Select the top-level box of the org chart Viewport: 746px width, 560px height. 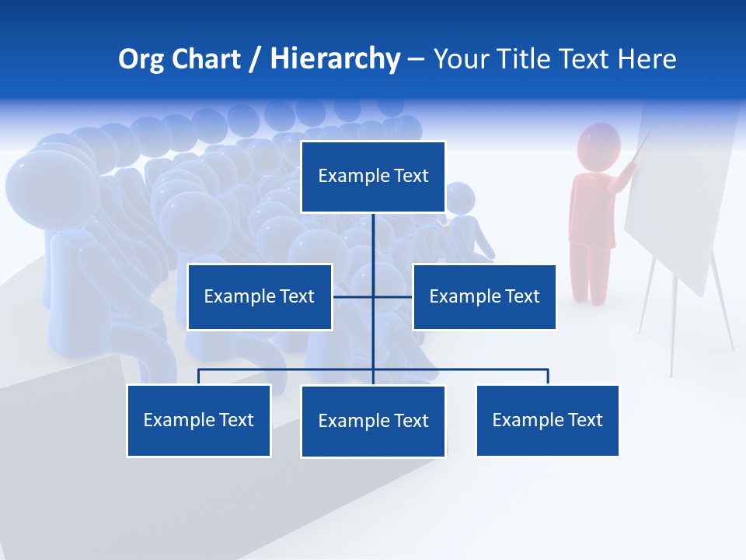pos(373,177)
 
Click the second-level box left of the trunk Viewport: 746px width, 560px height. pos(260,297)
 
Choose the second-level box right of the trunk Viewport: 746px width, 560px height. pos(484,297)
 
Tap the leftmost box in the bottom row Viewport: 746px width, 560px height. pos(199,421)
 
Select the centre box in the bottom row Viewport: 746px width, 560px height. pos(373,422)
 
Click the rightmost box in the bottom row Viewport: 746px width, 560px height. pos(547,421)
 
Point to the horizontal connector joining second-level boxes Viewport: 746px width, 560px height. pos(354,296)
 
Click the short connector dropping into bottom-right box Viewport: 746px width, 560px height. pos(548,376)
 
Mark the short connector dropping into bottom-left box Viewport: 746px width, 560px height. pos(199,376)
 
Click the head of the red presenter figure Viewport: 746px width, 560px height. pos(599,145)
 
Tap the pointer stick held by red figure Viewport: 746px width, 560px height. pos(641,148)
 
